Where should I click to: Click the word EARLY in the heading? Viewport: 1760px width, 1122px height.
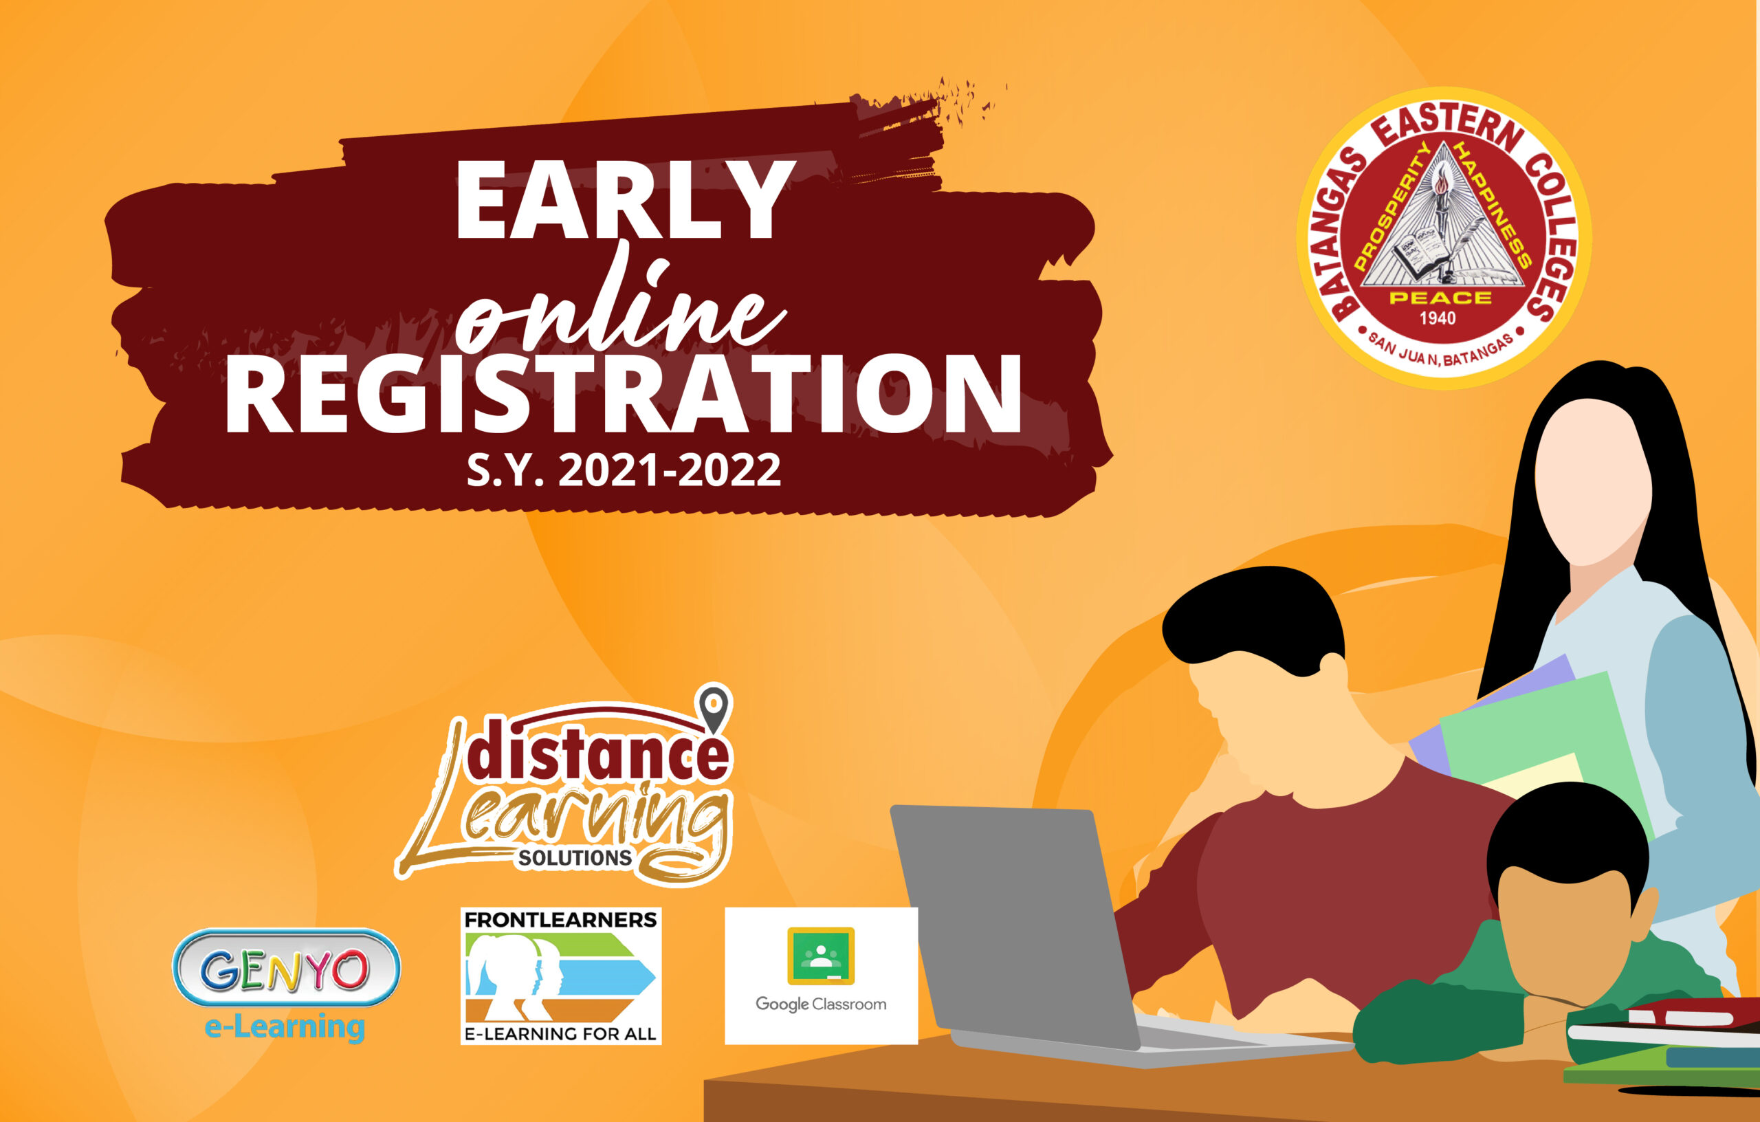click(x=625, y=199)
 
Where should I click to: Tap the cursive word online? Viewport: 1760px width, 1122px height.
click(x=621, y=307)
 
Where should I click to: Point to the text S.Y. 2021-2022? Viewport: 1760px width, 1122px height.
click(x=624, y=470)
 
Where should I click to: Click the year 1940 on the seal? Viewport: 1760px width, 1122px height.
click(x=1437, y=318)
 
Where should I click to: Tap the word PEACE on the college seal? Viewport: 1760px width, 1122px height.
click(x=1440, y=298)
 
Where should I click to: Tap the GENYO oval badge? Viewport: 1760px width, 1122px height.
click(x=286, y=968)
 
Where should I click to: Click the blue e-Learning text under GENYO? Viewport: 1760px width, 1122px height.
click(x=285, y=1027)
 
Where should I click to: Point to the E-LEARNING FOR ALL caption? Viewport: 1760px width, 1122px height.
click(x=560, y=1033)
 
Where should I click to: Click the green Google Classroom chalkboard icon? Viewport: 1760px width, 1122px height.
click(x=821, y=956)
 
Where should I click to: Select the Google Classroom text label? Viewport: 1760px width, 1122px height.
click(x=821, y=1004)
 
